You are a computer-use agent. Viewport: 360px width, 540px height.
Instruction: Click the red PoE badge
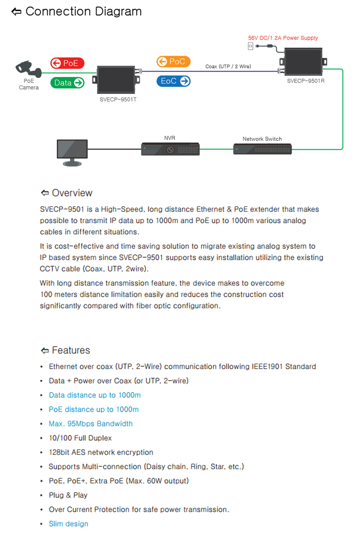pyautogui.click(x=67, y=63)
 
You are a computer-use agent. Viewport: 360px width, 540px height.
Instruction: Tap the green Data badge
pyautogui.click(x=67, y=82)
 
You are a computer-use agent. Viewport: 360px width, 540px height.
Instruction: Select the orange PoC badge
pyautogui.click(x=173, y=61)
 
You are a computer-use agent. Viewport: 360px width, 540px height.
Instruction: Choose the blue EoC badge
pyautogui.click(x=173, y=81)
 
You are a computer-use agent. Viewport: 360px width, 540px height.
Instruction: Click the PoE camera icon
pyautogui.click(x=28, y=68)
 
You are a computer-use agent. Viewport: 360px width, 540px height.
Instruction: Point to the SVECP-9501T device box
pyautogui.click(x=116, y=79)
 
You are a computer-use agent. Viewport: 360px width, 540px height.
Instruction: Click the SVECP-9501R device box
pyautogui.click(x=303, y=61)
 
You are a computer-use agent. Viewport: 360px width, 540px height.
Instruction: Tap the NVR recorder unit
pyautogui.click(x=170, y=149)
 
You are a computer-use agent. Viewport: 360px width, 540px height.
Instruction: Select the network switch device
pyautogui.click(x=262, y=149)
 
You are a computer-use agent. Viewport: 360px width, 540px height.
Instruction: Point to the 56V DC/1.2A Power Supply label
pyautogui.click(x=283, y=38)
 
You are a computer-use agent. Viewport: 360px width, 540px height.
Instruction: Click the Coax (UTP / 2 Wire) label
pyautogui.click(x=228, y=66)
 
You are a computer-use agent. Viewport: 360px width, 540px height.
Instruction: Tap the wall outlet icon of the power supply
pyautogui.click(x=250, y=46)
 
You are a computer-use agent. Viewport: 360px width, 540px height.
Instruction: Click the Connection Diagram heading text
pyautogui.click(x=83, y=11)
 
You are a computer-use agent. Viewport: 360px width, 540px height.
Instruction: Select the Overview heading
pyautogui.click(x=72, y=193)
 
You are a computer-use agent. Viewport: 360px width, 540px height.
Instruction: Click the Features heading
pyautogui.click(x=70, y=350)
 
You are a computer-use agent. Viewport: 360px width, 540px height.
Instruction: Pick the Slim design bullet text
pyautogui.click(x=68, y=524)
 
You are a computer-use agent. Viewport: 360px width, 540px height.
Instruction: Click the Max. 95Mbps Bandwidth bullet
pyautogui.click(x=90, y=424)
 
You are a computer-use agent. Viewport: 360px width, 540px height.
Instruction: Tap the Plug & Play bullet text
pyautogui.click(x=68, y=495)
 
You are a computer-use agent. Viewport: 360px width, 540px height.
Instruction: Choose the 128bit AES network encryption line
pyautogui.click(x=101, y=452)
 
